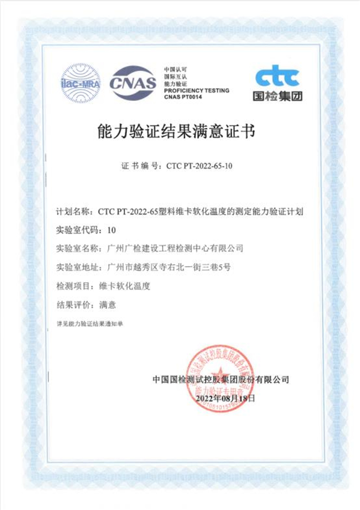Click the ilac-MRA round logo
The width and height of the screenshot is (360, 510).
81,83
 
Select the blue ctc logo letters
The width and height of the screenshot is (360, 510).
277,78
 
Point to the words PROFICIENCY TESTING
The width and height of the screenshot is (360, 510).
196,90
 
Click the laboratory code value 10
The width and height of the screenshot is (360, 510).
112,230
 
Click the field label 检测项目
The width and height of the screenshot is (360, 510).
72,285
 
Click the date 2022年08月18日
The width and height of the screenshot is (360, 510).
225,398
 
